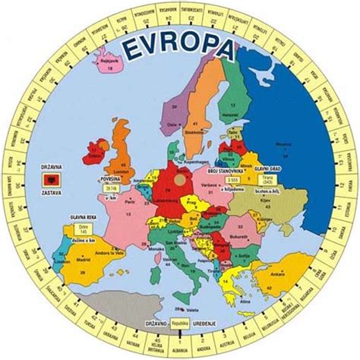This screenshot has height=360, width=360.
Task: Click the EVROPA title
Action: (179, 49)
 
